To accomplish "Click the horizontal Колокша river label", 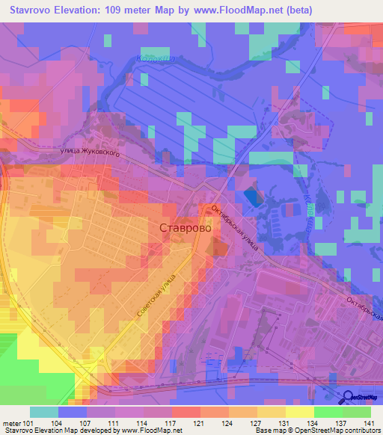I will tap(153, 57).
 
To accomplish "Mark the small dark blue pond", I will tap(255, 197).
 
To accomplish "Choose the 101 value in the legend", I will tap(28, 423).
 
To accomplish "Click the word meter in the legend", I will tap(10, 423).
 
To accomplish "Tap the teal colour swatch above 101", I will tap(44, 412).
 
